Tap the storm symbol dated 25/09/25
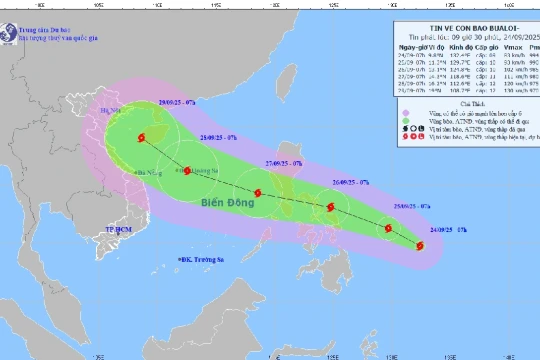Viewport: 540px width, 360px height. click(x=388, y=230)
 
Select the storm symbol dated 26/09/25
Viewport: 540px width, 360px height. click(x=330, y=208)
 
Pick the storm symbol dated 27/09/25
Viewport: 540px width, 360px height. click(x=258, y=193)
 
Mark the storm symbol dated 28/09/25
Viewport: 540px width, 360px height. click(x=186, y=170)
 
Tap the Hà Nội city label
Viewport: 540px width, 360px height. click(x=110, y=111)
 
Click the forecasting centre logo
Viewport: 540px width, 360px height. click(x=10, y=31)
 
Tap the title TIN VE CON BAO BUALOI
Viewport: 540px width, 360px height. click(x=459, y=27)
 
